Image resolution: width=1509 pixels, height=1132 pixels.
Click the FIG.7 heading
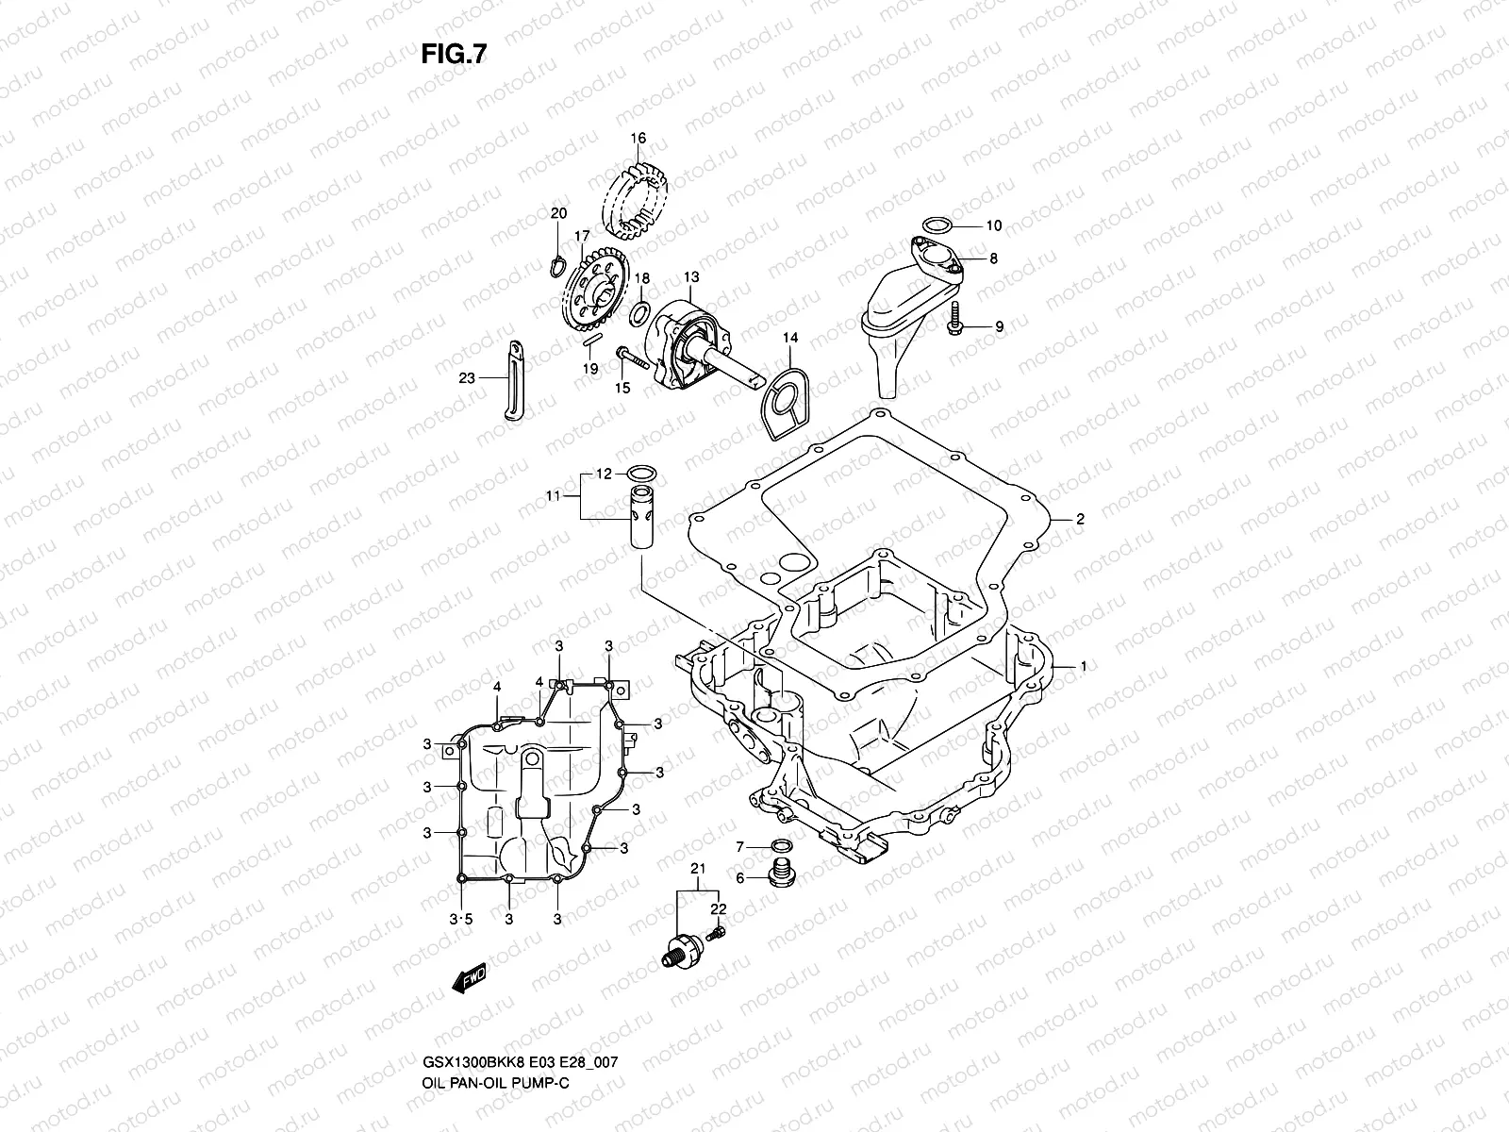(454, 55)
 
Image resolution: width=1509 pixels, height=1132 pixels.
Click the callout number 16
(638, 139)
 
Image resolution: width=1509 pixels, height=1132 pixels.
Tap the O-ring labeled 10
(937, 225)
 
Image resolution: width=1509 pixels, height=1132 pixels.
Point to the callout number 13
(691, 277)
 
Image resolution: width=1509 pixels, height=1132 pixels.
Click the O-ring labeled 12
(641, 473)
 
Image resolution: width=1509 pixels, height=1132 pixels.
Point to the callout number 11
(553, 494)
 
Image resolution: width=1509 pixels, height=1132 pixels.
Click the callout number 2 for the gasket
(1080, 519)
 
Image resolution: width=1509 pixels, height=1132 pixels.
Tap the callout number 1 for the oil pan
(1084, 666)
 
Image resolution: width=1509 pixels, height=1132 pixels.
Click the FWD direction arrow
(469, 982)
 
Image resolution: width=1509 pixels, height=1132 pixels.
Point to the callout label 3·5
(460, 918)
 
